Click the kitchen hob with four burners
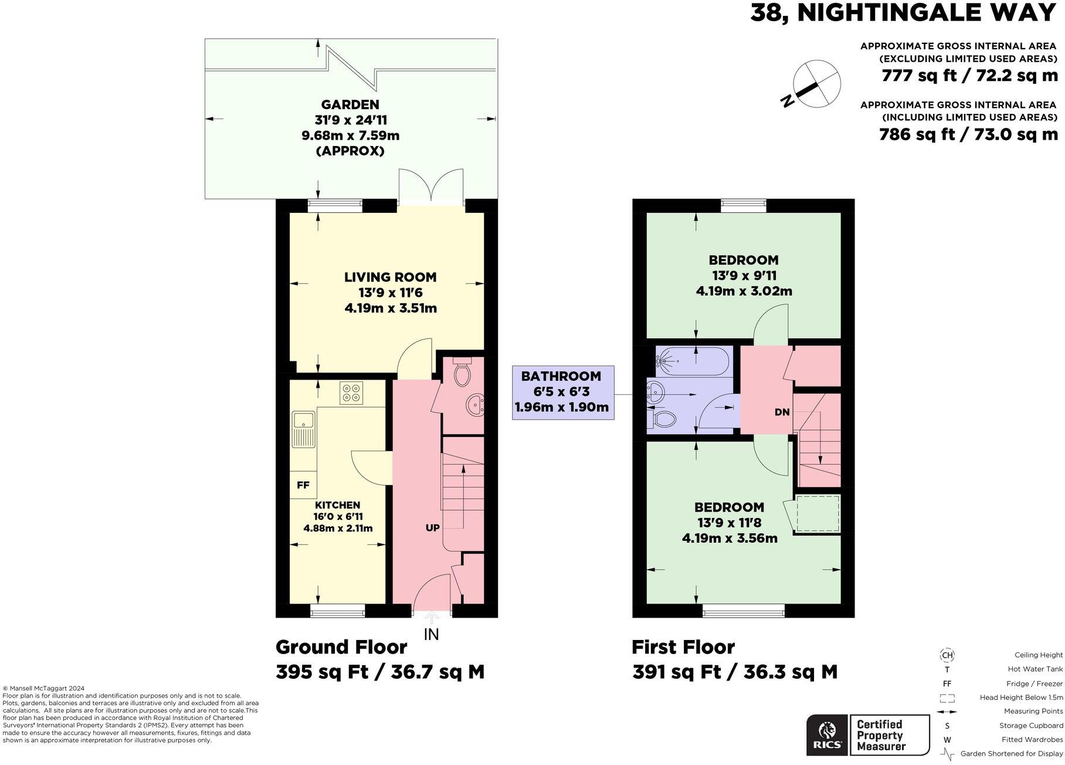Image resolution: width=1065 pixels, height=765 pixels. point(352,392)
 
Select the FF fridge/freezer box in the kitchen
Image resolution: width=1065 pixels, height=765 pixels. point(303,485)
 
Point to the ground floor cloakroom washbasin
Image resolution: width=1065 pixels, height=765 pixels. point(474,405)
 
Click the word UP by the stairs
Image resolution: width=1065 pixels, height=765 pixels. point(432,528)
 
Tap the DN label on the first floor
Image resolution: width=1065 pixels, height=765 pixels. point(782,412)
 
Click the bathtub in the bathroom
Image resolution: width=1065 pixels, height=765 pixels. point(693,361)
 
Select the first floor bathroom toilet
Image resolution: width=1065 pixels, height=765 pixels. point(662,419)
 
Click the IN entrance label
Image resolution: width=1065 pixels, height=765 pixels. point(431,634)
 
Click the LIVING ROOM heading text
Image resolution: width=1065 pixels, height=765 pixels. point(390,277)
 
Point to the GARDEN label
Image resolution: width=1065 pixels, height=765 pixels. point(351,105)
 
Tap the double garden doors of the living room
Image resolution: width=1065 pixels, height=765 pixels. point(431,187)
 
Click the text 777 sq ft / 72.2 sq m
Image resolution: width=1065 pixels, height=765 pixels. point(969,76)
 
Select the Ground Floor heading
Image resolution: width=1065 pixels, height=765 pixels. point(341,647)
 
